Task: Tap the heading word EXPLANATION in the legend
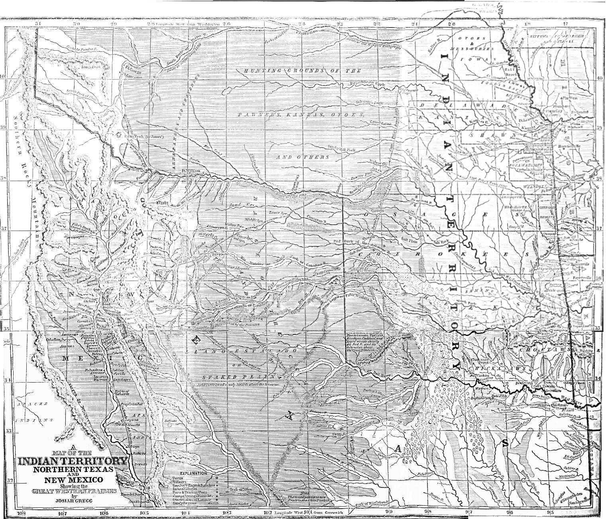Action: point(193,473)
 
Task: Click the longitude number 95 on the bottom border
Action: point(549,513)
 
